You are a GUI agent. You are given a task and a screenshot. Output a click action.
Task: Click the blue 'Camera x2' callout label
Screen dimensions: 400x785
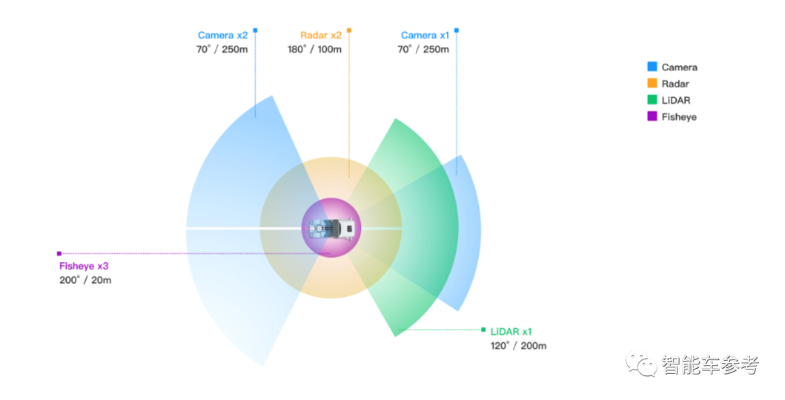coord(222,35)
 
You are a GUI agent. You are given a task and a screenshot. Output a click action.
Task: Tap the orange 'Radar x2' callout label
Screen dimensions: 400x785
coord(321,35)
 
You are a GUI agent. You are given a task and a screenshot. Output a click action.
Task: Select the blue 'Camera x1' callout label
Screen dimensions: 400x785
coord(424,35)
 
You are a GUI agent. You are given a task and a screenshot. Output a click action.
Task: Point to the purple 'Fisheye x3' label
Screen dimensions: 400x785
coord(84,266)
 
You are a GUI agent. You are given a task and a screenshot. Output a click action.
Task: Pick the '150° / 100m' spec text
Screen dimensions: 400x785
coord(314,49)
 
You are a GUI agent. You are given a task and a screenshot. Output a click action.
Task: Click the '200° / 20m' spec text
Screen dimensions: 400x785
coord(85,279)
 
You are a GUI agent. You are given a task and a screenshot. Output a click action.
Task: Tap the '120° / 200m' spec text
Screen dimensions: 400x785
coord(518,346)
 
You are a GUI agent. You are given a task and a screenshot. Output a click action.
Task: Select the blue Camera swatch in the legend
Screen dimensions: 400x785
coord(652,66)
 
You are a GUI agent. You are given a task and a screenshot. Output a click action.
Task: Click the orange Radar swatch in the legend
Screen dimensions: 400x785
coord(652,83)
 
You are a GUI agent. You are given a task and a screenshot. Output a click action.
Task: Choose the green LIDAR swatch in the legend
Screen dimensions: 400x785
coord(652,99)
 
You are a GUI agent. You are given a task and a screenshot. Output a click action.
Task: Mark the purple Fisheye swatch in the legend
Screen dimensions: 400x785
coord(652,116)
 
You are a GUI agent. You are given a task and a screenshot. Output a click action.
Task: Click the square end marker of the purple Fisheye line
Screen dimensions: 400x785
coord(59,253)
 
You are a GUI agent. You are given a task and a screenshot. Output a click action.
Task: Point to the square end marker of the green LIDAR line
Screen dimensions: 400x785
coord(483,330)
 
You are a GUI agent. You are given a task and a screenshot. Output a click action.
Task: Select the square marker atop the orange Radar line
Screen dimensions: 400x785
coord(349,30)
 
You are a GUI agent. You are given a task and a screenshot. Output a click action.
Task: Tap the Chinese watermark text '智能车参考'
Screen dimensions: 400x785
coord(709,364)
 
